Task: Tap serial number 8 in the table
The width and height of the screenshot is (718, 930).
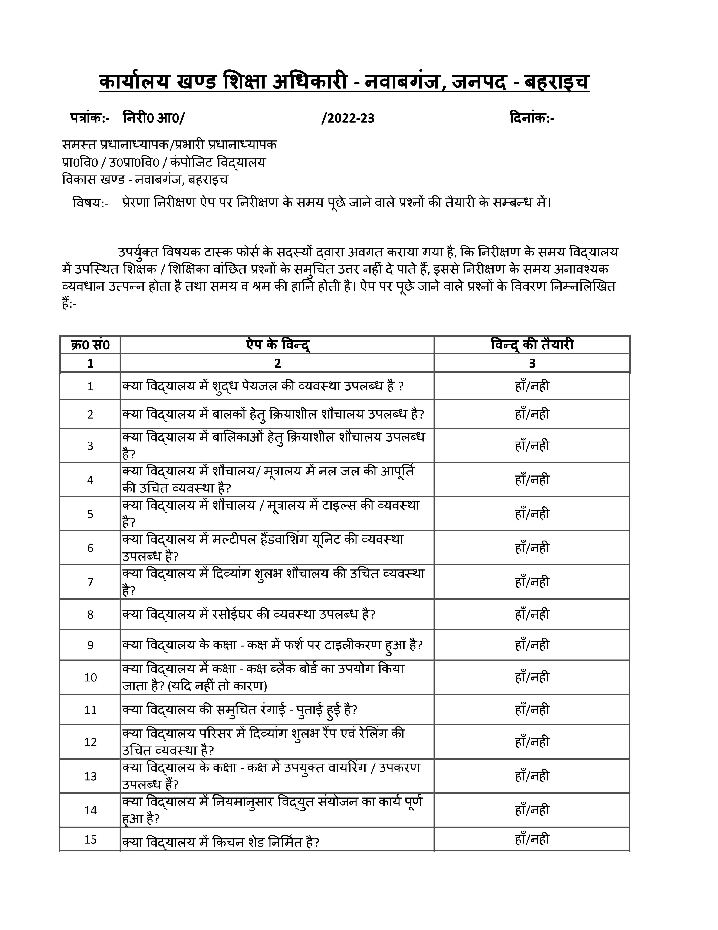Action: point(90,614)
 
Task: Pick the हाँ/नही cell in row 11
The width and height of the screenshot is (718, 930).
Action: point(532,710)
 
